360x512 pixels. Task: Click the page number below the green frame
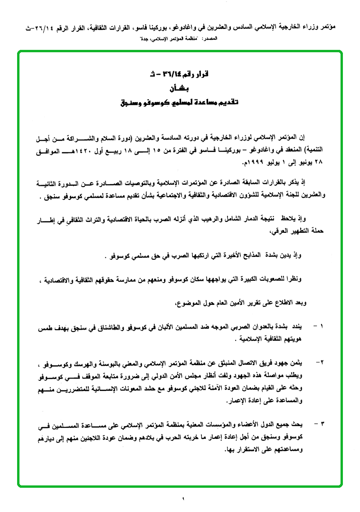click(182, 498)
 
